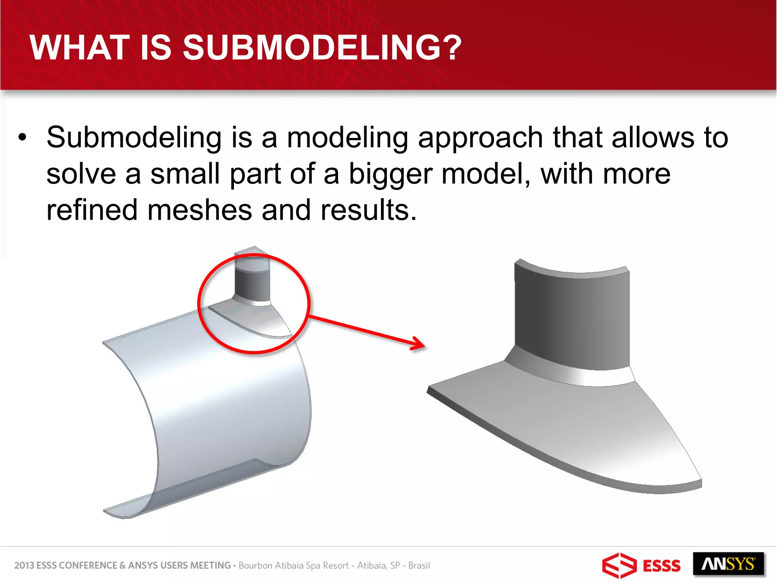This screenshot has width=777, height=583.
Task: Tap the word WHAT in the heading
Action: pyautogui.click(x=80, y=48)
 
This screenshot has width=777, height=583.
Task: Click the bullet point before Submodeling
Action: pyautogui.click(x=23, y=137)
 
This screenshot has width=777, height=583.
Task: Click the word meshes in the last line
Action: pyautogui.click(x=200, y=210)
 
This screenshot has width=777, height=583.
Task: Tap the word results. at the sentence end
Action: pyautogui.click(x=368, y=210)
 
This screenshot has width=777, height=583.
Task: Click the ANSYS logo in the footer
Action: pyautogui.click(x=728, y=564)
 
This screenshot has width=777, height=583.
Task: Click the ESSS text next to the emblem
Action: pyautogui.click(x=662, y=566)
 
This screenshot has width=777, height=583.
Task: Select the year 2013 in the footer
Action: pyautogui.click(x=24, y=566)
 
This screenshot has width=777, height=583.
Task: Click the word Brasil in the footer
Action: pyautogui.click(x=419, y=566)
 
